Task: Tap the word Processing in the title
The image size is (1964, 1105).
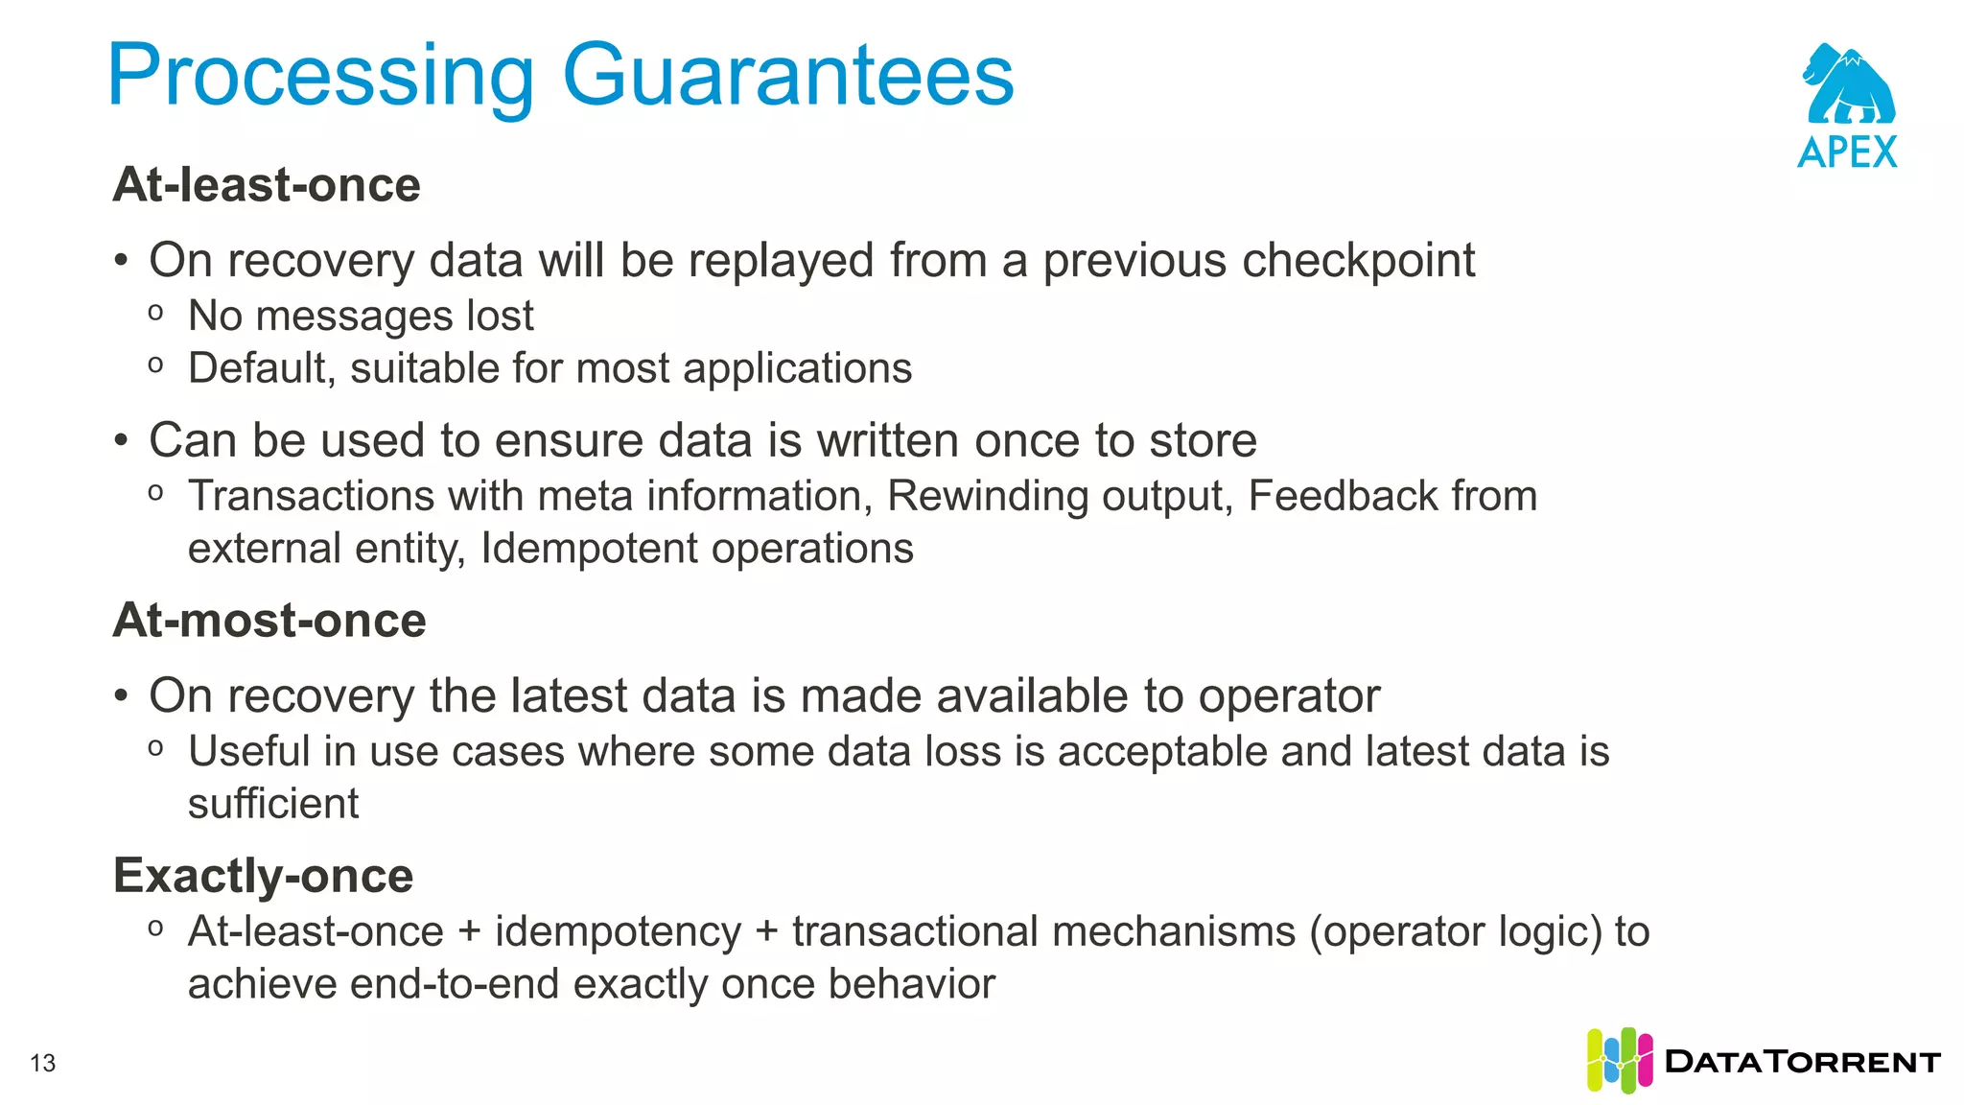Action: tap(321, 77)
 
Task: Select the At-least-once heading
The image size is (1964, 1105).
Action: tap(267, 184)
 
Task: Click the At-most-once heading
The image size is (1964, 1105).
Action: tap(269, 620)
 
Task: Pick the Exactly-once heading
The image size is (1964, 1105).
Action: tap(263, 875)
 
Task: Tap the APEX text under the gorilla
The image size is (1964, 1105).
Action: tap(1847, 153)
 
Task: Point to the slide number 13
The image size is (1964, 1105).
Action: tap(43, 1063)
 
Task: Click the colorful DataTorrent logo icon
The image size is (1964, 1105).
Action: tap(1619, 1060)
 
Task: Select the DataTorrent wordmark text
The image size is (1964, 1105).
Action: tap(1803, 1062)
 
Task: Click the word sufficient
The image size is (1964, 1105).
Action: tap(273, 804)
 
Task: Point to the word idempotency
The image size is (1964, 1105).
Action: tap(618, 931)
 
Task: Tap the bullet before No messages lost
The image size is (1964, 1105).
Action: tap(155, 313)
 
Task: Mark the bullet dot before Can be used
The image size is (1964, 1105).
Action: tap(121, 441)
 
